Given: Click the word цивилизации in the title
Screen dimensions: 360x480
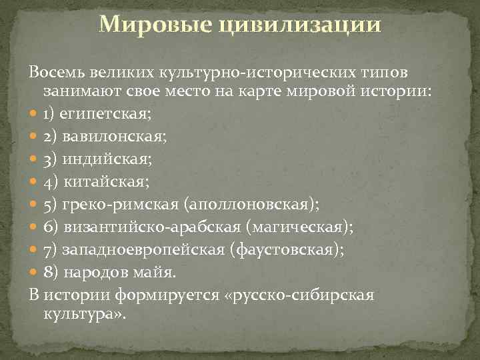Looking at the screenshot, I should pyautogui.click(x=291, y=25).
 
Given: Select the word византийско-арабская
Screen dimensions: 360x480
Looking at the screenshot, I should pyautogui.click(x=153, y=228).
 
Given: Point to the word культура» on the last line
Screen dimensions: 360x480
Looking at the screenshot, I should pyautogui.click(x=87, y=313).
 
